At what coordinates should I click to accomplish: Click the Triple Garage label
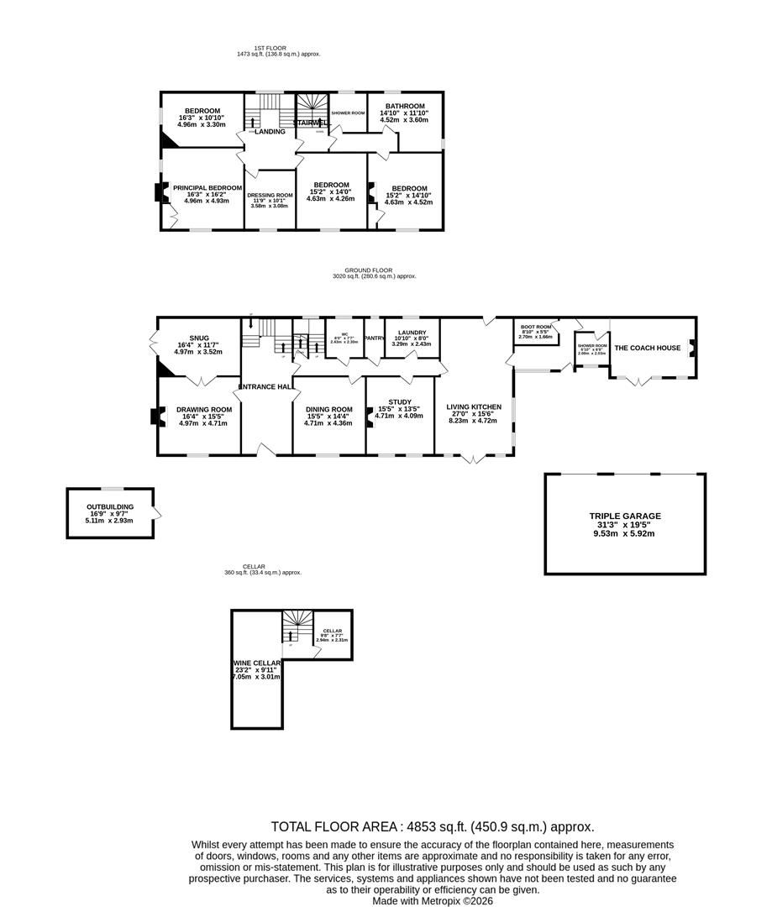624,516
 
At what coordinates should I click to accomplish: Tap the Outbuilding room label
110,507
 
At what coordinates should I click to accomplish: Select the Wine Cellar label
257,662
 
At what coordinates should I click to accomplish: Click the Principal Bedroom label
207,188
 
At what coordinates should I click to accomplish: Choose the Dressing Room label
270,195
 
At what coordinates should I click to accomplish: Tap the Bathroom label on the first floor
404,106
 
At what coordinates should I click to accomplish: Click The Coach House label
648,348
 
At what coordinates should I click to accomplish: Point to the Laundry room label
412,333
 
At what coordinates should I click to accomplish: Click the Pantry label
375,338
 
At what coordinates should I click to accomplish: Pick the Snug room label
199,338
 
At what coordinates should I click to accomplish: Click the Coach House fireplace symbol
691,347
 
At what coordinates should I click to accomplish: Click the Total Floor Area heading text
432,826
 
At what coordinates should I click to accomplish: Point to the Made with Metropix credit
433,900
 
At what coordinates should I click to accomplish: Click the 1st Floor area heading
278,48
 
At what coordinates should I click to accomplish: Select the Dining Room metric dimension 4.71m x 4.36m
328,423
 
